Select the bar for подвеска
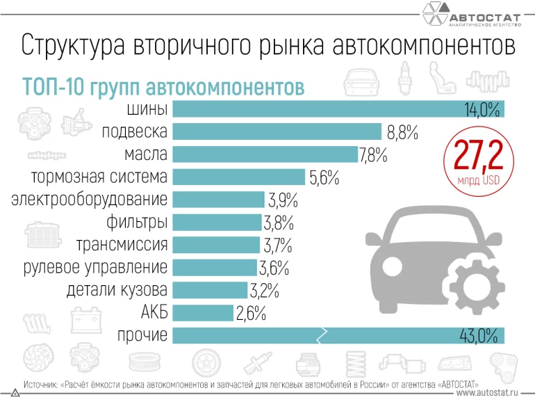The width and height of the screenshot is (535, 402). (277, 131)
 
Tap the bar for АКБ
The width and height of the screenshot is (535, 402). (203, 313)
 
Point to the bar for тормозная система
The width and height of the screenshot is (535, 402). (238, 177)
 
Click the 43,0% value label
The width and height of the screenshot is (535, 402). (479, 337)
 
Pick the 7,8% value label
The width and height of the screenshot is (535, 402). (372, 154)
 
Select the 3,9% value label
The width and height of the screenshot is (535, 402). (283, 200)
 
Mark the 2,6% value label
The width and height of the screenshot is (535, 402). (251, 314)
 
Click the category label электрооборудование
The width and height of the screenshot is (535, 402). (90, 200)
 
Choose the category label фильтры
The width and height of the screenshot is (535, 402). (137, 223)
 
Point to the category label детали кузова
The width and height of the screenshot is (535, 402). (117, 290)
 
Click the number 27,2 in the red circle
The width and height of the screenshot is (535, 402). (478, 156)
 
